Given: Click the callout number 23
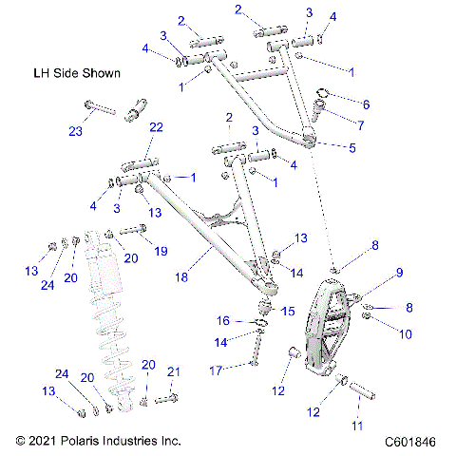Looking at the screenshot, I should (76, 130).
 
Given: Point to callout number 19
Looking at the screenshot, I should (161, 252).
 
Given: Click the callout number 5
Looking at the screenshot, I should (353, 147).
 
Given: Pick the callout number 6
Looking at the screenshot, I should (367, 104).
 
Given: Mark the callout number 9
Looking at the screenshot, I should (400, 273).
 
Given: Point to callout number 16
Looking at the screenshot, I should (224, 320).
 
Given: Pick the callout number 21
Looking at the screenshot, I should (173, 371).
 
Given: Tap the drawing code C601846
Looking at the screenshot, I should (414, 442).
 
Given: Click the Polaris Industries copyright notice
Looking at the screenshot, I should (98, 442).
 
